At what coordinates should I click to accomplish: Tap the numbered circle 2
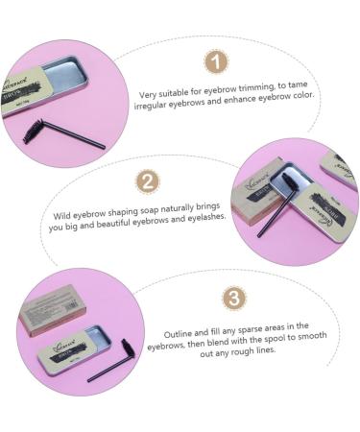pyautogui.click(x=149, y=182)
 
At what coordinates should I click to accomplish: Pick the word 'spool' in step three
pyautogui.click(x=268, y=340)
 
